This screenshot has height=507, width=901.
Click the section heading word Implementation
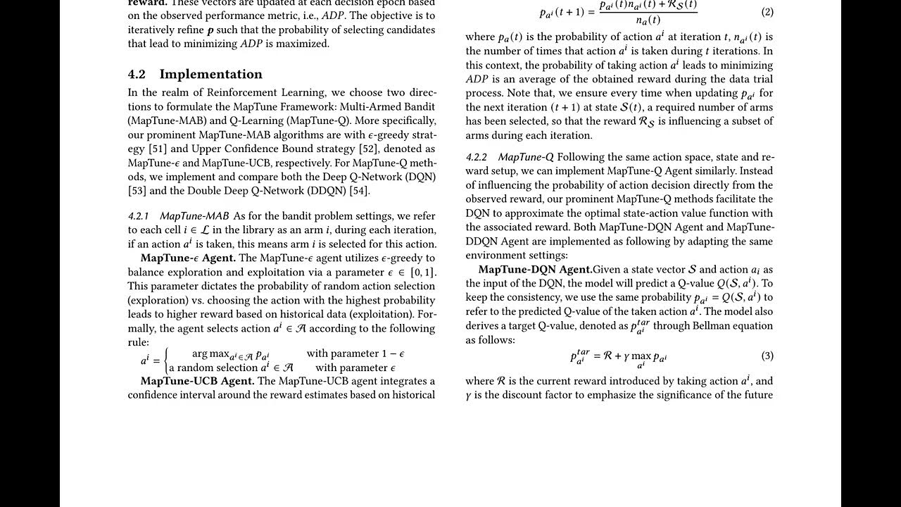click(210, 75)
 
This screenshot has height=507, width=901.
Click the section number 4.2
click(137, 75)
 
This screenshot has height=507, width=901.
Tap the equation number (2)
click(767, 12)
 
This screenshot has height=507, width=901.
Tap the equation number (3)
click(767, 356)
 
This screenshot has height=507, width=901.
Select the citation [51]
click(157, 149)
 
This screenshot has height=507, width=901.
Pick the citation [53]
click(137, 191)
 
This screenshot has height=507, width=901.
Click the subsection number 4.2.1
click(139, 216)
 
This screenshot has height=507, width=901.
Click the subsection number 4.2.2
click(477, 157)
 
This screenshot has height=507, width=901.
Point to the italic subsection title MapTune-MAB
click(194, 216)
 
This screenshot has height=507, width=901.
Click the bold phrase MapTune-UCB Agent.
click(197, 381)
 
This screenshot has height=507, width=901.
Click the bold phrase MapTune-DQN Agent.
click(534, 270)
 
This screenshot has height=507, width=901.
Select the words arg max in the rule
click(210, 353)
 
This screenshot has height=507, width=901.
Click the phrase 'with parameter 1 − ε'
click(355, 353)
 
